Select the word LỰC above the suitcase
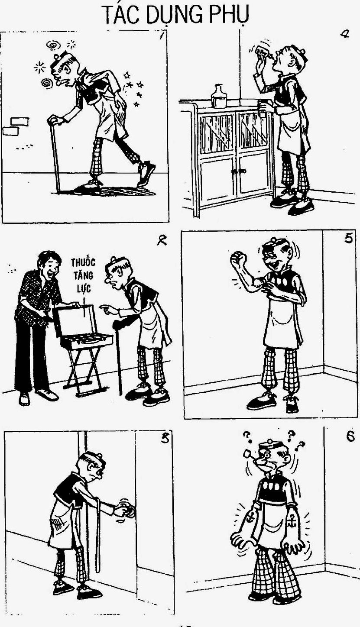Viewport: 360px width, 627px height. [x=84, y=288]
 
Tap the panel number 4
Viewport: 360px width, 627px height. [x=344, y=35]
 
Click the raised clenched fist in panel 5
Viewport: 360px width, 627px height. [x=238, y=259]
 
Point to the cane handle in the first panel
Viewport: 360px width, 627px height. [x=55, y=120]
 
